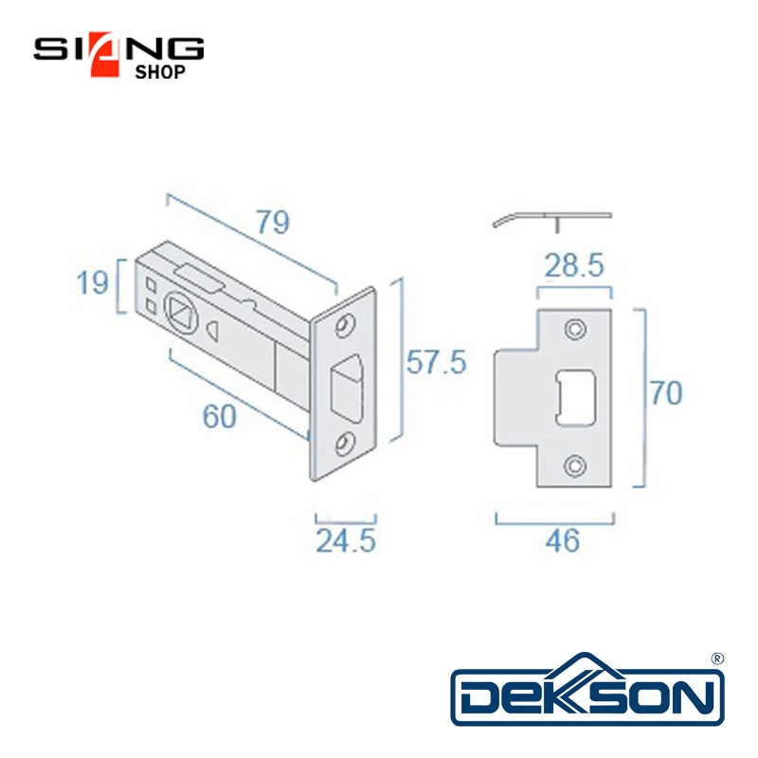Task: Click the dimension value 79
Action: coord(273,222)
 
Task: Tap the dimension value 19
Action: coord(92,282)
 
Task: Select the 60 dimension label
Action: coord(219,416)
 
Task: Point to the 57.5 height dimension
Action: coord(436,362)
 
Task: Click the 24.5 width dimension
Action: coord(346,540)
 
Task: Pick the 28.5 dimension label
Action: coord(574,265)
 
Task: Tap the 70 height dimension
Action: coord(666,393)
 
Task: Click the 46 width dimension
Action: coord(562,540)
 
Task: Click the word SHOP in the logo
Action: coord(160,72)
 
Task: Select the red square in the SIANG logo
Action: coord(105,54)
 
